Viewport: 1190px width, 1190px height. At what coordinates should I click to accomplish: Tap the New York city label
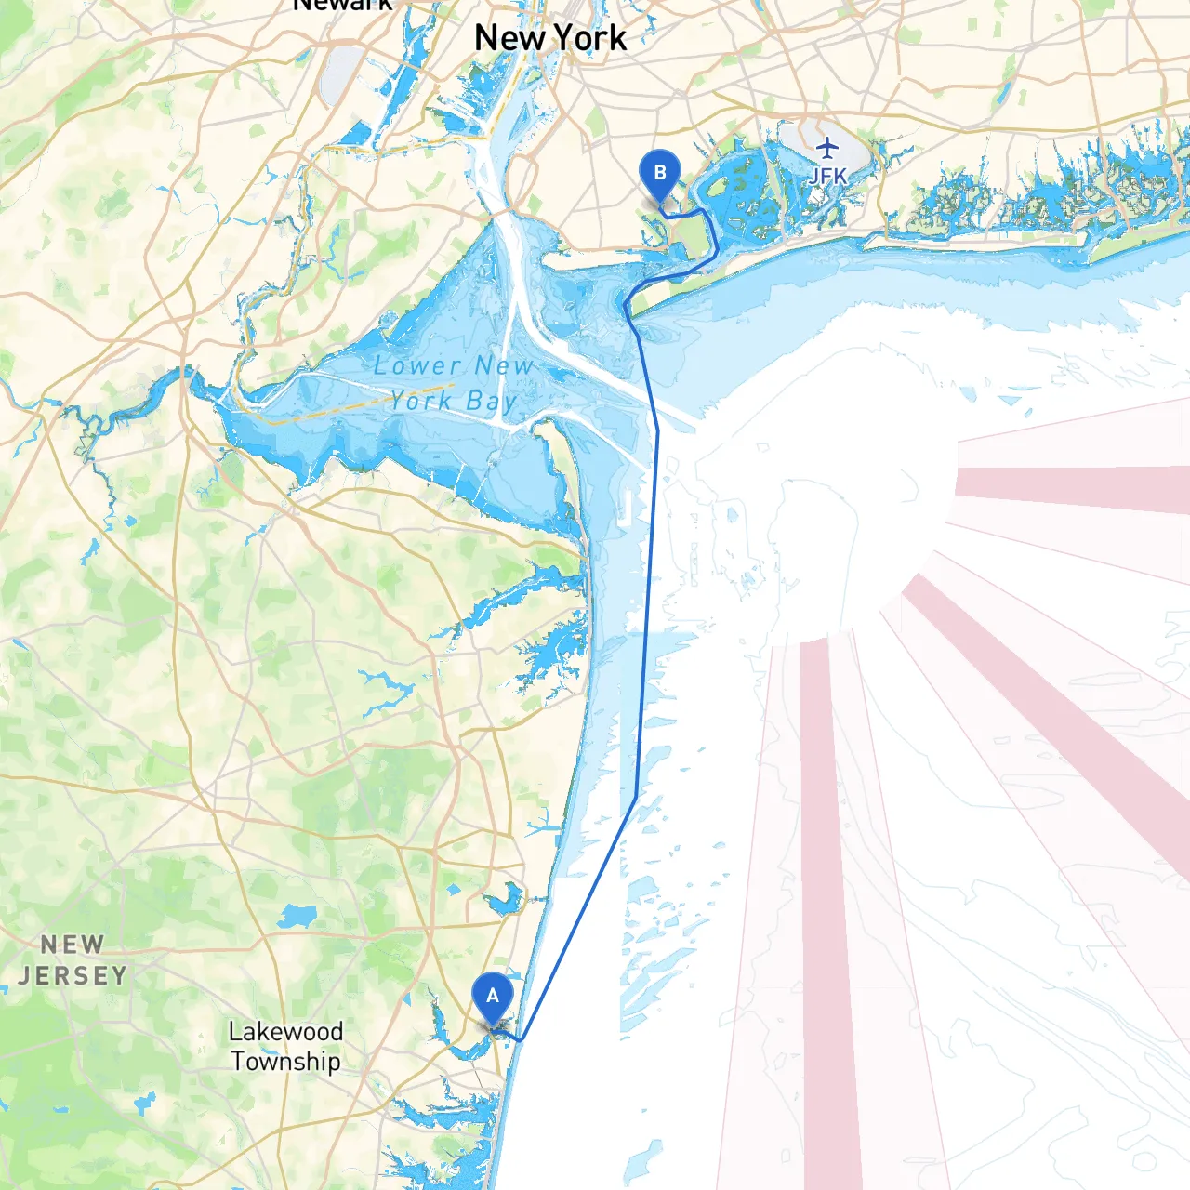550,38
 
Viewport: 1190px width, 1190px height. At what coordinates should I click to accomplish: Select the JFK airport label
826,176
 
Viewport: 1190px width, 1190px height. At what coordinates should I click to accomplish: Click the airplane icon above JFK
826,147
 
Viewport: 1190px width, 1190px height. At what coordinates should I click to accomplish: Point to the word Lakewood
285,1032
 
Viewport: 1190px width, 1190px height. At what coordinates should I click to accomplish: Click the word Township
285,1062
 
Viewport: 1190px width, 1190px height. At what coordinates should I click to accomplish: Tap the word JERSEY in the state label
73,975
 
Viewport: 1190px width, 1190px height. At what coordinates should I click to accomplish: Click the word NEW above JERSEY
73,945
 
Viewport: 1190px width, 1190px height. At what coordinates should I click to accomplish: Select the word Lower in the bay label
416,366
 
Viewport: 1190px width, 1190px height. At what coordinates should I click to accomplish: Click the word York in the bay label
421,402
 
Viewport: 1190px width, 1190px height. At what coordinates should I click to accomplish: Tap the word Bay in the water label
491,402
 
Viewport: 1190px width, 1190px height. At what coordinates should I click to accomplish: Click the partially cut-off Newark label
342,6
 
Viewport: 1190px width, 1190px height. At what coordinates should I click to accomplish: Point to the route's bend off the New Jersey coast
636,797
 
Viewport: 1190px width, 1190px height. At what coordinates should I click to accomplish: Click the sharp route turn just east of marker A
522,1039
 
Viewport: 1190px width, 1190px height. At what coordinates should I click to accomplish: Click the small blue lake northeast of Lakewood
297,917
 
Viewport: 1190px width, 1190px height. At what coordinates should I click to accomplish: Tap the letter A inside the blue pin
492,996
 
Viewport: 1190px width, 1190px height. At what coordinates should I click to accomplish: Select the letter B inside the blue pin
659,172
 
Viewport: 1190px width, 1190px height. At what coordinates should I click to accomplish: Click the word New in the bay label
503,366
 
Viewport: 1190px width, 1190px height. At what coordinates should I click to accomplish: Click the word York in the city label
589,38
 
